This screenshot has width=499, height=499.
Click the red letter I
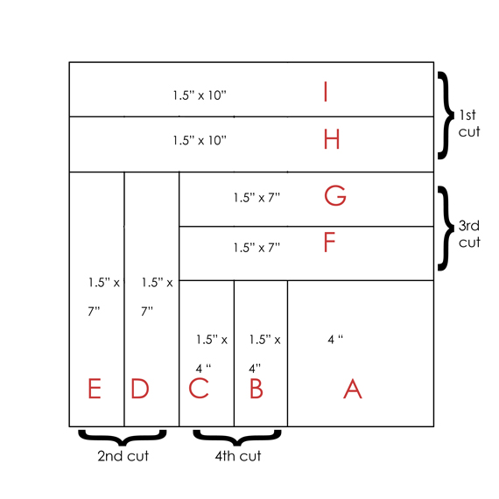[x=326, y=91]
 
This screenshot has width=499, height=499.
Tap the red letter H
[x=332, y=139]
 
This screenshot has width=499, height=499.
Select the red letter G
[x=335, y=195]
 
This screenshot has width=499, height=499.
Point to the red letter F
[x=329, y=242]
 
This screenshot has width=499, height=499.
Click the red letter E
[x=95, y=388]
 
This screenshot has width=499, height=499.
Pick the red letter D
[x=140, y=388]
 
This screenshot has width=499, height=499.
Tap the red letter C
[x=199, y=388]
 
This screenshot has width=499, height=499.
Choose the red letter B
[x=257, y=388]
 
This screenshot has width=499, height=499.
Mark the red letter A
[x=353, y=388]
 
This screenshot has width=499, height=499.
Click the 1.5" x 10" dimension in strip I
[x=200, y=95]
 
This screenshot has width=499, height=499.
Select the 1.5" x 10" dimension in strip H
[x=200, y=140]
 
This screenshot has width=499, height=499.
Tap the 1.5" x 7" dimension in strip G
[x=257, y=198]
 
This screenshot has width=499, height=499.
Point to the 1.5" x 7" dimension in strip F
[x=257, y=248]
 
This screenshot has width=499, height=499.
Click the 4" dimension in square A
[x=335, y=340]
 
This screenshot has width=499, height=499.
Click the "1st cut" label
[x=469, y=123]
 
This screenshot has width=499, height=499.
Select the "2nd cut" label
[x=123, y=456]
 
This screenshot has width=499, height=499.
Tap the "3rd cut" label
[x=469, y=234]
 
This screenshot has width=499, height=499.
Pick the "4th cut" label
[x=238, y=456]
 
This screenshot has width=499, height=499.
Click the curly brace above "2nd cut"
[x=123, y=442]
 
